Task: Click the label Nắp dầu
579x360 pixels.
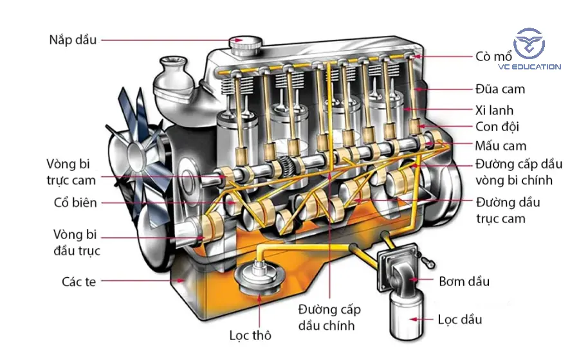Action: [73, 40]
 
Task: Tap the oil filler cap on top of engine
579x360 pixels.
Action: [244, 45]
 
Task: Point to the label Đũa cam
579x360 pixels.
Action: [500, 89]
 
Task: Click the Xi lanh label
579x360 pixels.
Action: [494, 110]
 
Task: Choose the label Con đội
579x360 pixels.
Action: [497, 127]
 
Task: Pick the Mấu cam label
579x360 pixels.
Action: [501, 145]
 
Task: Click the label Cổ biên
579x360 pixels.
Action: [75, 203]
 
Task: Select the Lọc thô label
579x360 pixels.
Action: [250, 336]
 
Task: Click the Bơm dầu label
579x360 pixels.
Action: [464, 281]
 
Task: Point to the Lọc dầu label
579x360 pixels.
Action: [459, 319]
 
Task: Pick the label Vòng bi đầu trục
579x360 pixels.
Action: [77, 242]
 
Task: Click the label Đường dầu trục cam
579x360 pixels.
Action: [508, 210]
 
